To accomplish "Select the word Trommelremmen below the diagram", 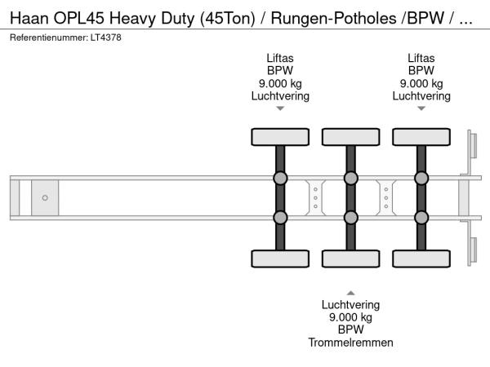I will pyautogui.click(x=350, y=343).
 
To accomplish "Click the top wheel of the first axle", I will pyautogui.click(x=280, y=136).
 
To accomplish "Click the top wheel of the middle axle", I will pyautogui.click(x=350, y=136).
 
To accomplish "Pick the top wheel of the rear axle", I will pyautogui.click(x=421, y=136).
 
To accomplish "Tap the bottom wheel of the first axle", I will pyautogui.click(x=280, y=259).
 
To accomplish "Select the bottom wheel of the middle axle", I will pyautogui.click(x=350, y=259).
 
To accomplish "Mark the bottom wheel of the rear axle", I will pyautogui.click(x=421, y=259).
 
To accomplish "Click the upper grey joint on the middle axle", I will pyautogui.click(x=350, y=179).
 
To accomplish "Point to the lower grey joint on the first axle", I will pyautogui.click(x=280, y=217).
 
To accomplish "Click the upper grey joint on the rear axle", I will pyautogui.click(x=421, y=179).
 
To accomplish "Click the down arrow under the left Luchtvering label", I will pyautogui.click(x=280, y=108).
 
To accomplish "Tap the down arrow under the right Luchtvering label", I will pyautogui.click(x=421, y=108).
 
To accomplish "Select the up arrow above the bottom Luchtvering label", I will pyautogui.click(x=350, y=292).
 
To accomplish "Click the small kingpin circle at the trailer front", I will pyautogui.click(x=45, y=198).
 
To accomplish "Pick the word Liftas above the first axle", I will pyautogui.click(x=280, y=57).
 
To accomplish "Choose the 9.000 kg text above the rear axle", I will pyautogui.click(x=421, y=83).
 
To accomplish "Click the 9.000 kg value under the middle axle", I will pyautogui.click(x=350, y=317).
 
